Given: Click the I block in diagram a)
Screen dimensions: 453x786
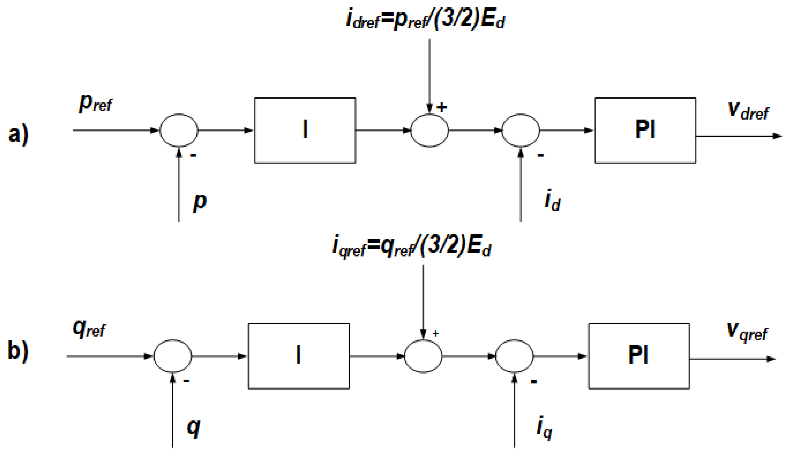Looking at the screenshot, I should point(305,130).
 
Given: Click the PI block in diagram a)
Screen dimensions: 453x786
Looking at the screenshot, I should point(645,130).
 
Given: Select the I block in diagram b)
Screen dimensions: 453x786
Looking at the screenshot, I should point(299,356).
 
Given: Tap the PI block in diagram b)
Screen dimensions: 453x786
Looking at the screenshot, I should point(639,356).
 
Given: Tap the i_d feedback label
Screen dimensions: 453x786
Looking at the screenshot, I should point(552,201).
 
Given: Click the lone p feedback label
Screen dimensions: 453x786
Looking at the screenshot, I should point(200,202).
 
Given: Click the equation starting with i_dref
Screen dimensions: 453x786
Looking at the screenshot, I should point(426,19).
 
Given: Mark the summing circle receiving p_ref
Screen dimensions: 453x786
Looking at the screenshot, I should point(179,130).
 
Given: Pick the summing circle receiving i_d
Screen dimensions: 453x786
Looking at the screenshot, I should point(521,130).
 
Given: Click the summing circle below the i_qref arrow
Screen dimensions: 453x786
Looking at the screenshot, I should point(423,356).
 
